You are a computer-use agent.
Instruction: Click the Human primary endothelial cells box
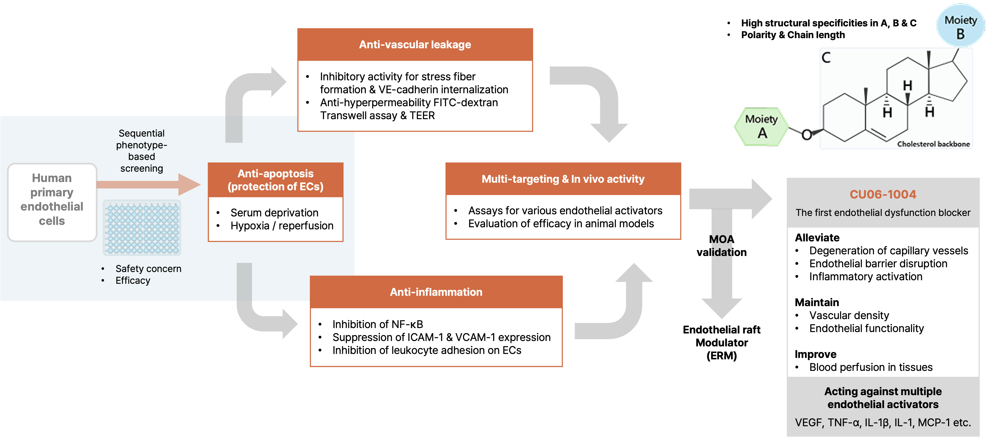pos(52,200)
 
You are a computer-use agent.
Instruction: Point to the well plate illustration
pos(142,228)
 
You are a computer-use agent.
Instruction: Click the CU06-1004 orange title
pos(883,194)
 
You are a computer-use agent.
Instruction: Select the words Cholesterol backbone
pos(933,144)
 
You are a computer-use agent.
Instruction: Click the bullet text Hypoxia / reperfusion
pos(282,226)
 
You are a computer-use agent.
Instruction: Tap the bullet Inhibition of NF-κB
pos(377,324)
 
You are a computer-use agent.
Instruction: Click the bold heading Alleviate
pos(817,238)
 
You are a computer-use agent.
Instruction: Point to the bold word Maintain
pos(817,303)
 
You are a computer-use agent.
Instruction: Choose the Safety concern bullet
pos(148,269)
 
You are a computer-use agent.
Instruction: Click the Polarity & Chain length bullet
pos(793,35)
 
